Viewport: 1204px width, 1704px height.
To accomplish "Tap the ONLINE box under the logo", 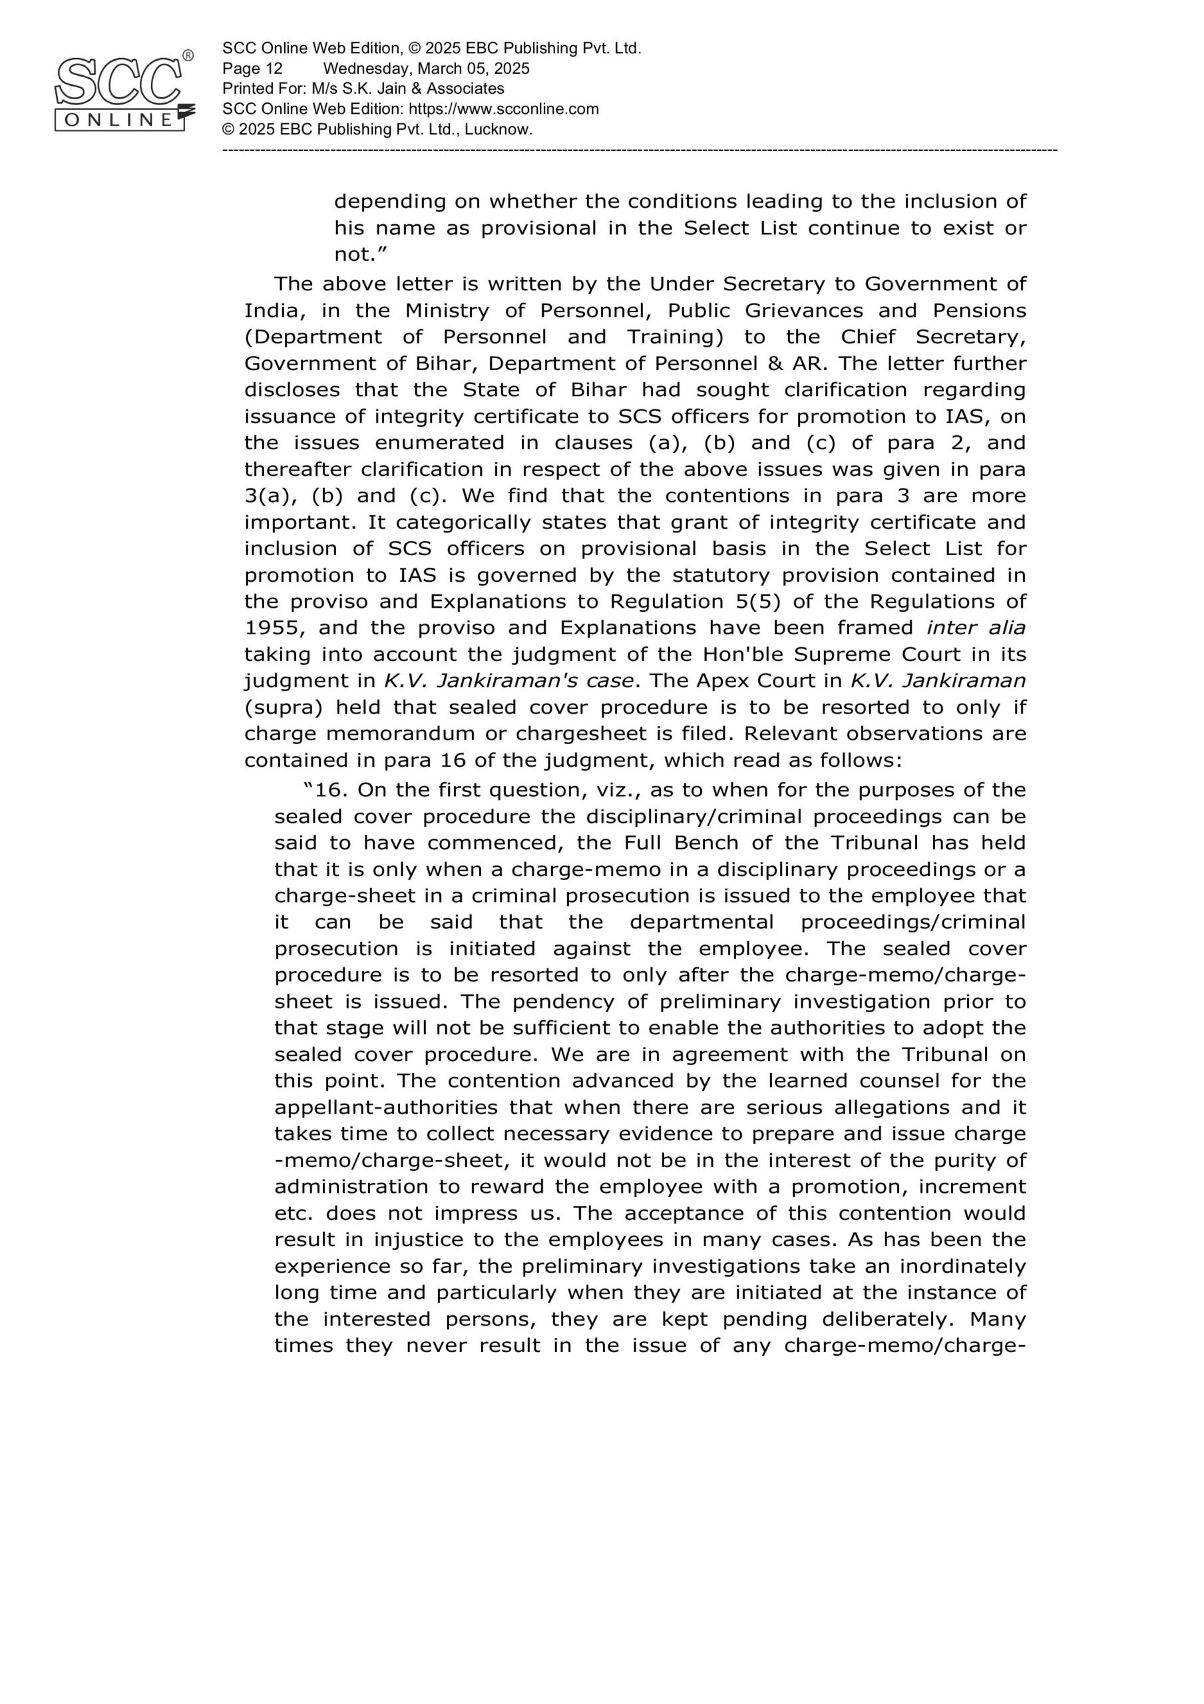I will coord(118,120).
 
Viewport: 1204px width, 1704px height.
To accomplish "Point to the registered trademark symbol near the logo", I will coord(188,56).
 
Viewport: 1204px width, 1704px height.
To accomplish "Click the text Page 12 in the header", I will coord(252,69).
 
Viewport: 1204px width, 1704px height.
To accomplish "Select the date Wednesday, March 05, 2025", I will coord(426,69).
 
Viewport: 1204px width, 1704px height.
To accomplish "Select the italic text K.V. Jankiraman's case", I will coord(509,680).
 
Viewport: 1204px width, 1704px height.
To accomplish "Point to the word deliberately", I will coord(888,1319).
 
